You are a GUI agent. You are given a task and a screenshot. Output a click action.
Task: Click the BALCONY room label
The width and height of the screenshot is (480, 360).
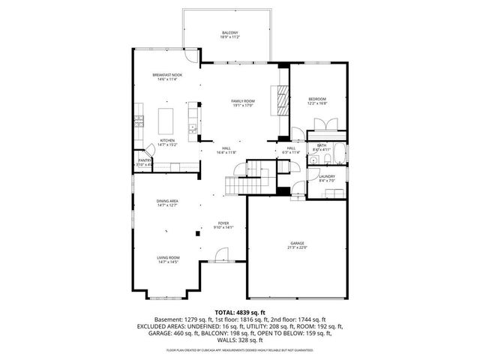pos(229,32)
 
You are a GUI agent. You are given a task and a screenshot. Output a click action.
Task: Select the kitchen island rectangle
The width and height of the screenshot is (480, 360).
pos(167,119)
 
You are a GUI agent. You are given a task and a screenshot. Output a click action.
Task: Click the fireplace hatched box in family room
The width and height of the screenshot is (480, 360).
pos(282,99)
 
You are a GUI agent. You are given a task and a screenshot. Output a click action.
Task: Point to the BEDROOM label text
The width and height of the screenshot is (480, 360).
pos(317,99)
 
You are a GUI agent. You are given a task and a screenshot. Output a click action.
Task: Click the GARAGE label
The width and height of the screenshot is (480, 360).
pos(298,243)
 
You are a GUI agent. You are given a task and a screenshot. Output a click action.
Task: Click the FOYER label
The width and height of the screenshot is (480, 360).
pos(223,223)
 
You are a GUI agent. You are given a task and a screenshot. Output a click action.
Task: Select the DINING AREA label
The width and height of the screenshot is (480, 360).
pos(166,201)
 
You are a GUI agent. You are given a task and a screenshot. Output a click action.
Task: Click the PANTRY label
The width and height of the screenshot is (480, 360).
pos(144,160)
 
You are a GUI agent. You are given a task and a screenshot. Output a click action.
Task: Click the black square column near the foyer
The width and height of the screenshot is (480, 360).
pos(198,234)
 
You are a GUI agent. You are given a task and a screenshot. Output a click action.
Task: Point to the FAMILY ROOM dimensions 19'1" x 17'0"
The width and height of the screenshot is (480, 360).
pos(243,106)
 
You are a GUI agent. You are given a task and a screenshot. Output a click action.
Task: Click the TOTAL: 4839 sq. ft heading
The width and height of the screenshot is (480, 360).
pos(239,311)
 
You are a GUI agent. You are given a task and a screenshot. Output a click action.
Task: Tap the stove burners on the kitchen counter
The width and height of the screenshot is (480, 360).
pos(138,121)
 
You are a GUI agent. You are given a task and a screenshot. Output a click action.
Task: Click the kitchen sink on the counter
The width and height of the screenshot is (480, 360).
pos(193,129)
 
